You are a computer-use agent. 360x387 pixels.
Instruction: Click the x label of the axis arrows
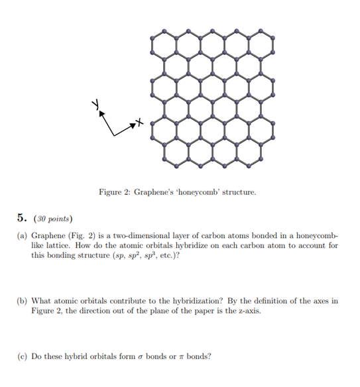click(139, 122)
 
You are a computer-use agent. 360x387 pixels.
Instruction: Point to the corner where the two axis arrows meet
click(115, 135)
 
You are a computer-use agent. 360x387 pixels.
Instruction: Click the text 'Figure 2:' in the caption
click(114, 193)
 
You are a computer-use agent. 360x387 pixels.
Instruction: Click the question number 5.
click(23, 218)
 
